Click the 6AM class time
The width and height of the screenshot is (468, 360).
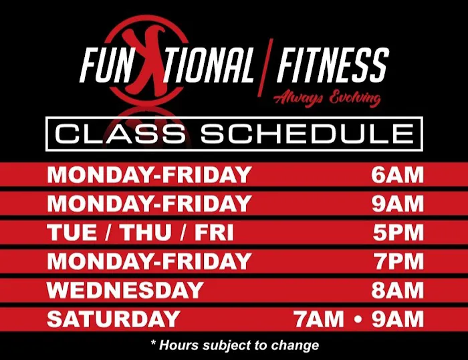[398, 175]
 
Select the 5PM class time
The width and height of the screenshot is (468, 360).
[398, 232]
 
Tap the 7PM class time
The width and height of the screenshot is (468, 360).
[398, 261]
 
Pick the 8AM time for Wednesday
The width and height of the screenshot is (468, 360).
[398, 290]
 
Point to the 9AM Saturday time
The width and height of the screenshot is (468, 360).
[398, 319]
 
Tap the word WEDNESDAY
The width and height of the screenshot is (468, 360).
[125, 290]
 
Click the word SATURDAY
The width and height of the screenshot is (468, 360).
[114, 319]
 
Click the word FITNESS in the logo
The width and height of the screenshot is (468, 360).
[332, 65]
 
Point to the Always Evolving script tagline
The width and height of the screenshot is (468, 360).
[327, 98]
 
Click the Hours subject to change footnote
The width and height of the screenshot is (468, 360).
[234, 345]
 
